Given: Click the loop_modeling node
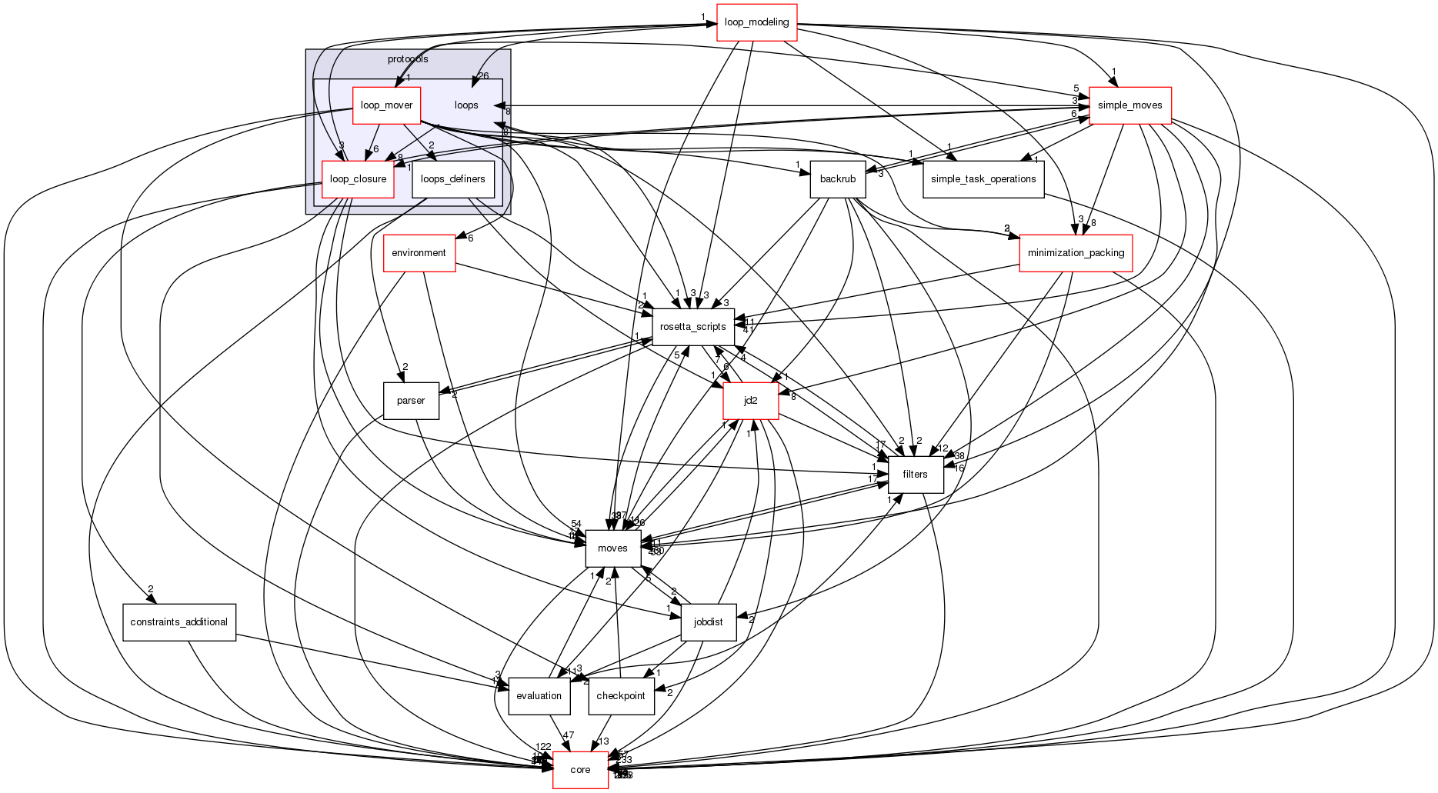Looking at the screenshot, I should click(x=756, y=22).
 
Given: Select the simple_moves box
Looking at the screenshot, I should click(x=1129, y=105).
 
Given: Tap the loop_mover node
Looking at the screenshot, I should click(x=386, y=105).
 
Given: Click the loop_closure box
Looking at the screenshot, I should click(x=358, y=179).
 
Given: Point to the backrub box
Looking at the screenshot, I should click(x=837, y=179).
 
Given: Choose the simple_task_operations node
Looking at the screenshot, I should click(x=983, y=179).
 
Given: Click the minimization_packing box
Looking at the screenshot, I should click(x=1076, y=253).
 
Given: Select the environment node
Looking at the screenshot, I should click(x=419, y=253).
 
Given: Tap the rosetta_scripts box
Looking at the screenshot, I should click(x=692, y=327).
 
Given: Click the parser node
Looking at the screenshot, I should click(x=411, y=401).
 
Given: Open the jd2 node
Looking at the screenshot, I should click(x=750, y=401).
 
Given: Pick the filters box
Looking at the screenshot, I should click(x=915, y=475).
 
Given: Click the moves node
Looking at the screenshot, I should click(x=612, y=548).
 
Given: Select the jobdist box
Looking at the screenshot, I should click(x=708, y=622).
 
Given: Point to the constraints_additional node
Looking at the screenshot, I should click(x=178, y=622).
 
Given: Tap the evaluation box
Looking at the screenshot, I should click(x=539, y=696).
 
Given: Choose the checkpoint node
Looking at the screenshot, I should click(x=621, y=696).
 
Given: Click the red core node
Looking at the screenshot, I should click(x=580, y=770).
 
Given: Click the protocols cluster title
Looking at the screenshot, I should click(x=408, y=59).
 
